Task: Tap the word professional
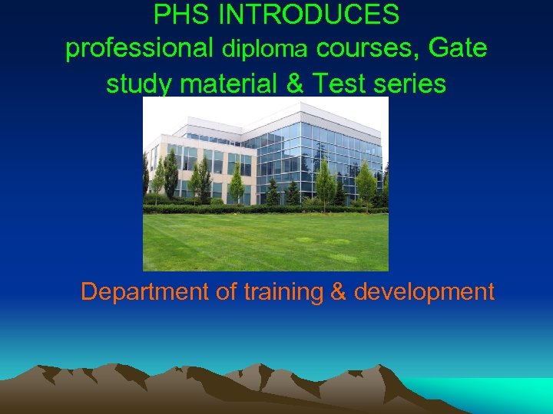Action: [140, 49]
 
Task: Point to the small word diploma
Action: [265, 50]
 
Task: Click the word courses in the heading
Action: [368, 49]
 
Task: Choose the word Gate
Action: [458, 48]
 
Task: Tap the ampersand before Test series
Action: [294, 83]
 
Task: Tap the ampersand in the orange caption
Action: [339, 292]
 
